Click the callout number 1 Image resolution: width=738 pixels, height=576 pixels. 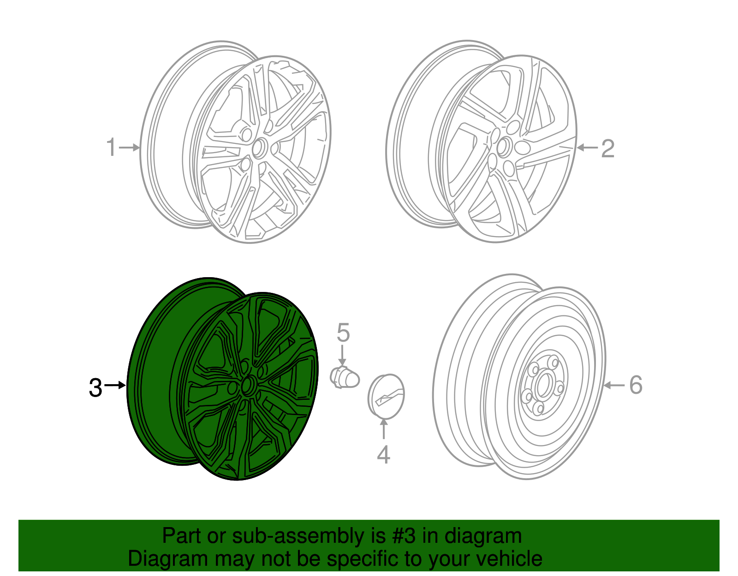pos(111,147)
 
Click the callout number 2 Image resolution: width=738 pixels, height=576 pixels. pos(607,148)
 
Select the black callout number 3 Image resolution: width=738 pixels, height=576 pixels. pos(95,387)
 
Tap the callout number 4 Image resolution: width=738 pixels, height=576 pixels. pos(383,454)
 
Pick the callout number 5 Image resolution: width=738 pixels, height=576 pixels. pos(343,333)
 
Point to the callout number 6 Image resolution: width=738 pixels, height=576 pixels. pos(636,385)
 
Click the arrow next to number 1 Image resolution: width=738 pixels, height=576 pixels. pos(130,148)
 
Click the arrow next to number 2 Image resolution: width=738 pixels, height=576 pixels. pos(587,148)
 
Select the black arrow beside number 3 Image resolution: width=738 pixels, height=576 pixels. pos(115,385)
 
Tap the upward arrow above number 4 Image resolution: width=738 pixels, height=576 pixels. pos(383,429)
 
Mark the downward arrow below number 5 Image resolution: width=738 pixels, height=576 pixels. pos(342,356)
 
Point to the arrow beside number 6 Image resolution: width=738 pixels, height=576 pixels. pos(614,385)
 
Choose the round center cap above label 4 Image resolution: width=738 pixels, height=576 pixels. pos(386,396)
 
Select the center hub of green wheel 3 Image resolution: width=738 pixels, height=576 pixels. pos(248,385)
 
